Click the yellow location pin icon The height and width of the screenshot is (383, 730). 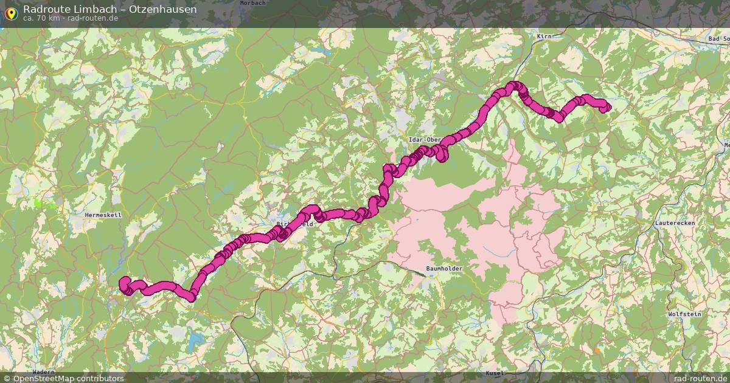click(x=10, y=12)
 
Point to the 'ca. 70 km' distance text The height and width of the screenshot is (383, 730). click(x=41, y=18)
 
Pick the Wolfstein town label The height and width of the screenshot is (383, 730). click(x=684, y=314)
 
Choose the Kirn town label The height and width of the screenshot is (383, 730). click(x=544, y=36)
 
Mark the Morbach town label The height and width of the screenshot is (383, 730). click(x=252, y=3)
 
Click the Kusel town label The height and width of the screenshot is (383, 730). click(x=496, y=372)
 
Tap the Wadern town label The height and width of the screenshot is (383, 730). click(x=43, y=371)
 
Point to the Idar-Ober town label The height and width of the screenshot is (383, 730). click(x=424, y=140)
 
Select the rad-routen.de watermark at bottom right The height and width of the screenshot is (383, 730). click(x=701, y=378)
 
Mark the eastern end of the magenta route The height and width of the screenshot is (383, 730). click(x=605, y=107)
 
